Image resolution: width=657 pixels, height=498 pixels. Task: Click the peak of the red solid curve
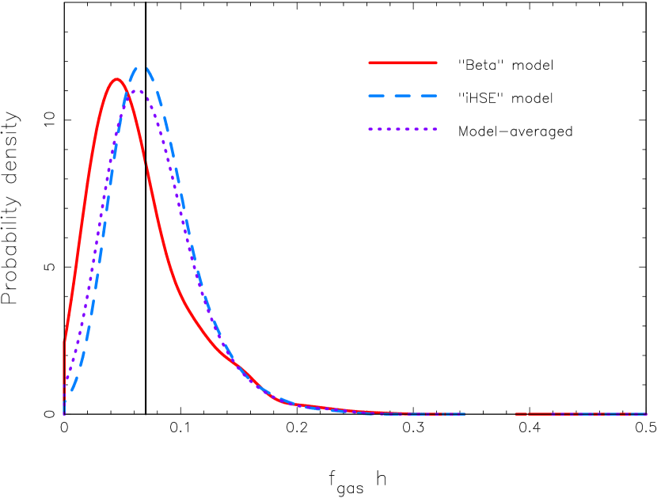(x=117, y=79)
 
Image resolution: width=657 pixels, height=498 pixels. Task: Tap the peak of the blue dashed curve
(x=142, y=68)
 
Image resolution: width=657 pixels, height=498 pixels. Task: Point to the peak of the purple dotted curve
(x=136, y=91)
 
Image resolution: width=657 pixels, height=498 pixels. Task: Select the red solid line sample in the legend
(x=403, y=63)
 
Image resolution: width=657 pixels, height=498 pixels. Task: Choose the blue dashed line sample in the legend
(x=403, y=96)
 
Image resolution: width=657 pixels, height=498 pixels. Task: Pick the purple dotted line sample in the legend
(x=403, y=129)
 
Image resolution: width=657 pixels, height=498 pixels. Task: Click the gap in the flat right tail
(x=490, y=414)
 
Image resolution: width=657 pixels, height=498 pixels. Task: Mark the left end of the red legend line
(x=370, y=63)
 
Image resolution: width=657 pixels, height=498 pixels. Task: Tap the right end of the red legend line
(x=436, y=63)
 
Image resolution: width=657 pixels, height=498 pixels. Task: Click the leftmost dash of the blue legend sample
(x=377, y=96)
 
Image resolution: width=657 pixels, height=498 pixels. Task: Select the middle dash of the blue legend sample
(x=403, y=96)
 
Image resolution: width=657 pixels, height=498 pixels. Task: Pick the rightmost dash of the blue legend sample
(x=429, y=96)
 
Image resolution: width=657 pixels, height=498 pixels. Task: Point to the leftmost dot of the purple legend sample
(x=370, y=129)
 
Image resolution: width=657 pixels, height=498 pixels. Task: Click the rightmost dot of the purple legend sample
(x=435, y=129)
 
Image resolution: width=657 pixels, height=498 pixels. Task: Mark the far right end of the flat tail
(x=646, y=414)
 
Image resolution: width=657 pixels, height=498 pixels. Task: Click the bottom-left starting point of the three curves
(x=64, y=413)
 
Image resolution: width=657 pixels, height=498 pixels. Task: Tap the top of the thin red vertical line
(x=64, y=340)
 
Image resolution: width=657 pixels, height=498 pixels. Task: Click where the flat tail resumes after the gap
(x=515, y=414)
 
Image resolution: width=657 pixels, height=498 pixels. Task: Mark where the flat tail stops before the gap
(x=465, y=414)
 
